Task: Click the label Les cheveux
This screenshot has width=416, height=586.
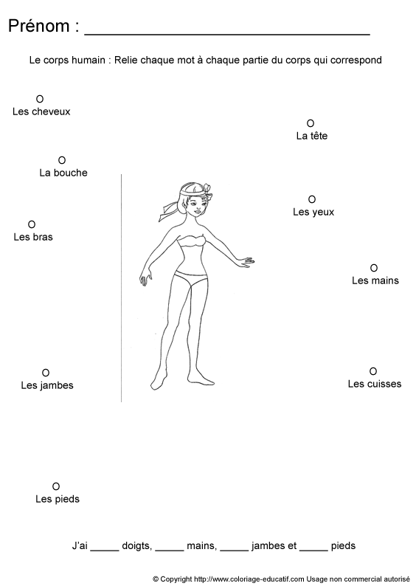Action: pos(41,111)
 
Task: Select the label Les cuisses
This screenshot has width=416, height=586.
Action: pos(375,384)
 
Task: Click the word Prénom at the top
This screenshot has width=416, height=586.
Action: pos(39,26)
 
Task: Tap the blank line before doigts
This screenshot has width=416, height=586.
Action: pos(105,551)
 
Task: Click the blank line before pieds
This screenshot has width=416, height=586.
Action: pos(313,551)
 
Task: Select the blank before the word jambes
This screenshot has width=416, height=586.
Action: pos(234,551)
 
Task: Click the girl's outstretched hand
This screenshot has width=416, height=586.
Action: pos(246,261)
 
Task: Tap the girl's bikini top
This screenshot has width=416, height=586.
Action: pos(193,241)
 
